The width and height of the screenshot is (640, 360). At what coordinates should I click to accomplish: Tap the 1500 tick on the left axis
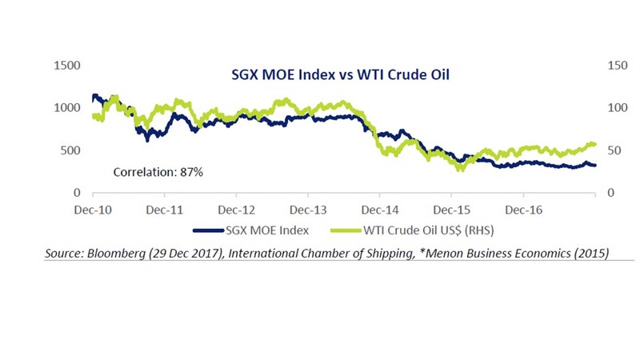(x=66, y=64)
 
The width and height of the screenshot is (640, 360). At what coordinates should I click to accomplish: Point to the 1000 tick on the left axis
(x=66, y=107)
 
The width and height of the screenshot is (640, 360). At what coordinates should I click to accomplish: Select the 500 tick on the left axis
(x=70, y=150)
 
